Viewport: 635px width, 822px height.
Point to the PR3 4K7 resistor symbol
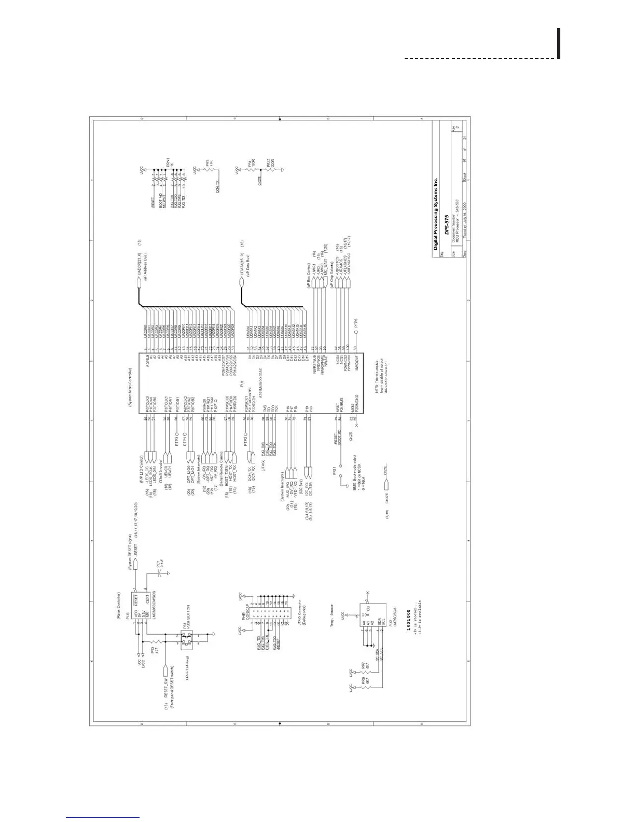155,648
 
